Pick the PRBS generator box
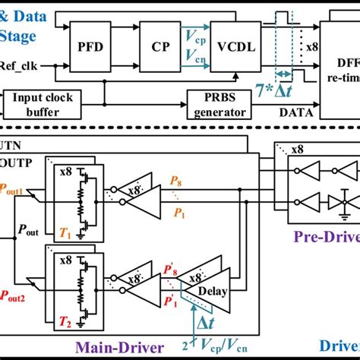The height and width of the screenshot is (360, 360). coord(218,104)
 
